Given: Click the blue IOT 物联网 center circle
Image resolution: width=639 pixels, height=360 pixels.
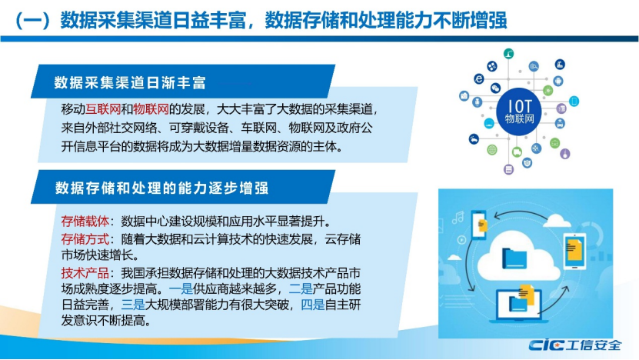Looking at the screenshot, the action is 519,112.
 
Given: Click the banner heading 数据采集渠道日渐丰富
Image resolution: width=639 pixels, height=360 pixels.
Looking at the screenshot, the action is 131,83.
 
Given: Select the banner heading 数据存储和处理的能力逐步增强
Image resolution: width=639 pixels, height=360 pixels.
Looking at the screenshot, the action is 161,188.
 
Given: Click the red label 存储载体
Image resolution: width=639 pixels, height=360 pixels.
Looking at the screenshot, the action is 85,222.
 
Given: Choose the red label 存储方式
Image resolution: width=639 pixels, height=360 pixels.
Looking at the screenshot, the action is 85,239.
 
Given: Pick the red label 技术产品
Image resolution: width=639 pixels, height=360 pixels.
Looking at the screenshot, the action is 85,273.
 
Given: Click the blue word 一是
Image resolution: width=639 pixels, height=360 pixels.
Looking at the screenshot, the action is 181,289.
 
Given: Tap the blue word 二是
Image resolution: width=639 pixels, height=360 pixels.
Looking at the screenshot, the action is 301,289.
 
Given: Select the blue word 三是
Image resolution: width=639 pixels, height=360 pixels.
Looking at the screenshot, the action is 133,305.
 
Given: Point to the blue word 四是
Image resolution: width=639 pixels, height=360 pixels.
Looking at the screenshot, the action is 312,305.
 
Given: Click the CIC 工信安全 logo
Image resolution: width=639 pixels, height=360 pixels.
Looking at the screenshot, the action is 575,345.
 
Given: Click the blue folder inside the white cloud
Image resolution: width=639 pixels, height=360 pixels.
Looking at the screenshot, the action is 514,258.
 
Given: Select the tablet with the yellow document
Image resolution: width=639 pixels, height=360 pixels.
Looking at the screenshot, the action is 574,251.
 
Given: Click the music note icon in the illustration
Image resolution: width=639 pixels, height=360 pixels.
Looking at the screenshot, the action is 458,217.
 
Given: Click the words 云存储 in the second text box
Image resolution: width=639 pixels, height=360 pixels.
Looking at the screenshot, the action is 343,239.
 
